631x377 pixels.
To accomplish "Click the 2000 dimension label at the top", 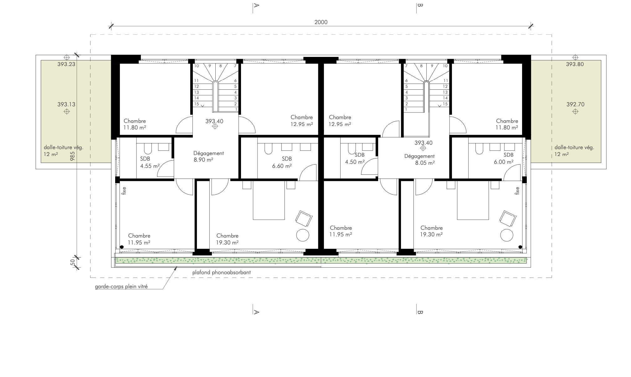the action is click(x=321, y=22).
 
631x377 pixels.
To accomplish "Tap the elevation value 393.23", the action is click(x=66, y=64).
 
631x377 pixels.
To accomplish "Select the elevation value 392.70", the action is click(x=575, y=104).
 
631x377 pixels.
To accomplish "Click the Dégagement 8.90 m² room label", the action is click(x=208, y=156).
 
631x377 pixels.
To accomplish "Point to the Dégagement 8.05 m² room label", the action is click(x=419, y=159).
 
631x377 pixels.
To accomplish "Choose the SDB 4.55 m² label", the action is click(x=150, y=162).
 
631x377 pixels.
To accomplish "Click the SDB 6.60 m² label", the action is click(x=282, y=162).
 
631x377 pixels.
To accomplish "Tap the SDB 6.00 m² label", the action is click(x=504, y=158).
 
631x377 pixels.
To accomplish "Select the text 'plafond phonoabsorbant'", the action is click(x=222, y=272).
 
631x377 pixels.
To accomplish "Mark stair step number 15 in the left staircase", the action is click(x=197, y=104).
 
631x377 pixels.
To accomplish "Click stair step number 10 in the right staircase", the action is click(x=445, y=66).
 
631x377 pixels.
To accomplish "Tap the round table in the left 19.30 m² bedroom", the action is click(x=303, y=235).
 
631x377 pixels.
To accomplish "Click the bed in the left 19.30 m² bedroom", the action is click(x=269, y=200).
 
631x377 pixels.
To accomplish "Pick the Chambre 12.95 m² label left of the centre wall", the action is click(x=302, y=121).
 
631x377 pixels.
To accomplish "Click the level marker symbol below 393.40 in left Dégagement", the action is click(x=215, y=127).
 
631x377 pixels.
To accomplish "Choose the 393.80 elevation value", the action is click(x=575, y=64).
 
